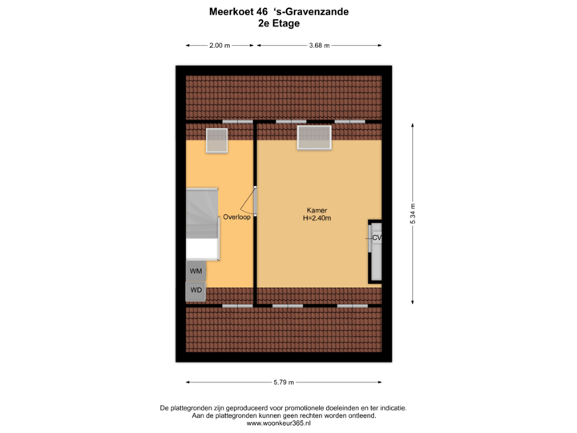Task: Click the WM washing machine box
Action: (x=196, y=271)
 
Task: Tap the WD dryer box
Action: (x=196, y=290)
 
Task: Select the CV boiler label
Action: (x=377, y=238)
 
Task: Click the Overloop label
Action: (x=237, y=216)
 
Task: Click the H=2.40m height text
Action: (x=317, y=217)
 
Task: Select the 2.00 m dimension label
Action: (x=220, y=46)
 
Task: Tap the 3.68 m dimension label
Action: (x=319, y=46)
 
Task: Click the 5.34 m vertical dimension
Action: (x=412, y=212)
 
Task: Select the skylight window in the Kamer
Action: (x=314, y=137)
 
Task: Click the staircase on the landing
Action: (x=202, y=212)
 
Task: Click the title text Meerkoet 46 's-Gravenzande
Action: (x=278, y=12)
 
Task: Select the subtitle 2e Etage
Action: (x=278, y=23)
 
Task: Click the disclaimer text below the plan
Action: (x=284, y=412)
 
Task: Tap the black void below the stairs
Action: (x=202, y=249)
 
